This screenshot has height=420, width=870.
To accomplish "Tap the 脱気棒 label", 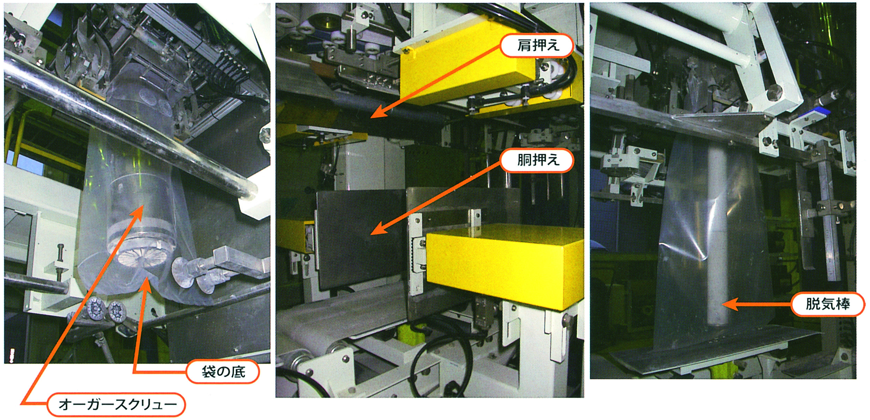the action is point(827,304).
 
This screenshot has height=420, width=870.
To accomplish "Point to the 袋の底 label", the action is point(223,372).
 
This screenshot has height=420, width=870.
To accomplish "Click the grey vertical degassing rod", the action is point(717,237).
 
